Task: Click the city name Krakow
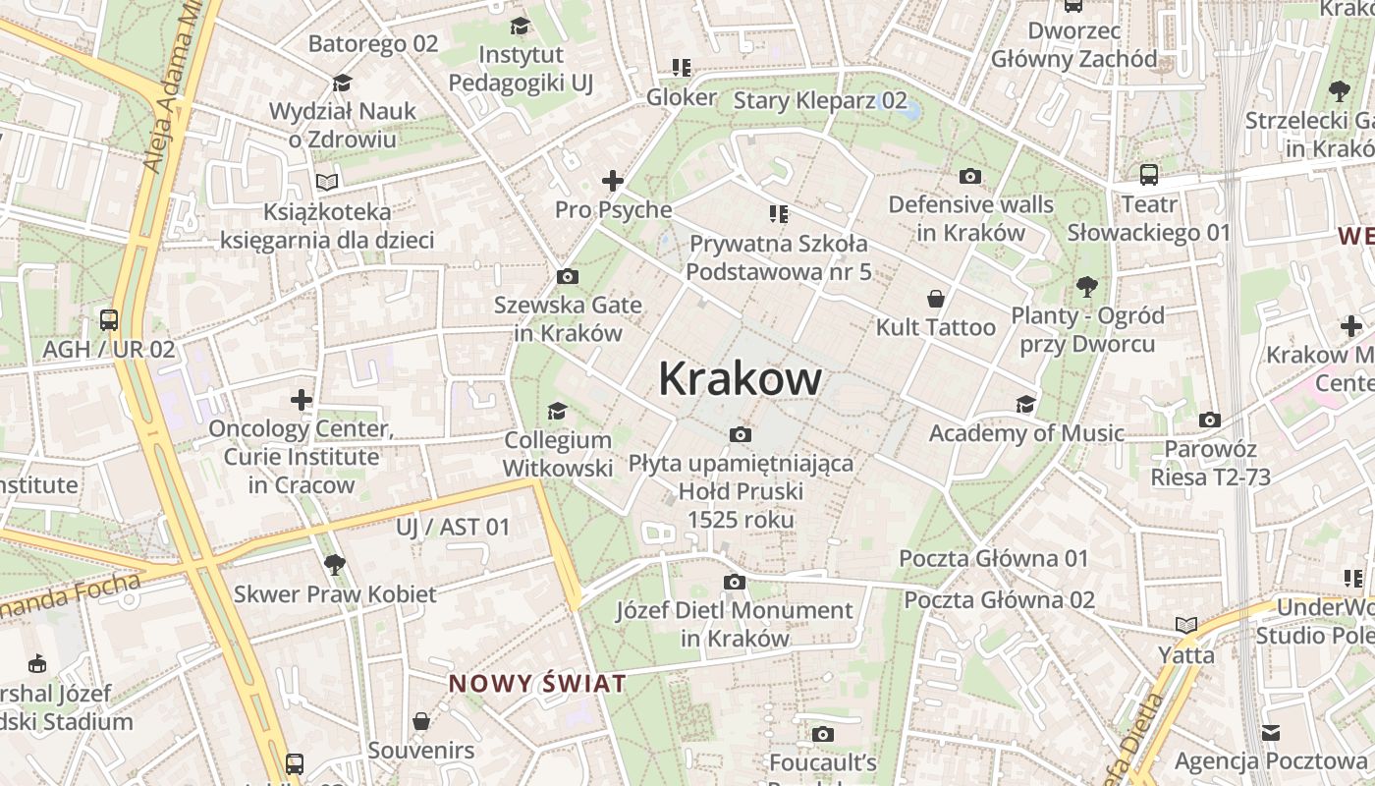coord(740,378)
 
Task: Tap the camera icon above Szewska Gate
coord(567,277)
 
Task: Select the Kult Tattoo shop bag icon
coord(936,298)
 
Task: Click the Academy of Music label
coord(1026,433)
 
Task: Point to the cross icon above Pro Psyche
coord(613,181)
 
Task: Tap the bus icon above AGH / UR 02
coord(109,319)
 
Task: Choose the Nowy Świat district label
coord(537,684)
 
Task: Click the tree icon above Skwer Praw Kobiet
coord(334,564)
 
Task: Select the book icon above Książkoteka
coord(327,182)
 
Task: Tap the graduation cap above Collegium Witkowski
coord(558,411)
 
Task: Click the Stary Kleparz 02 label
coord(820,100)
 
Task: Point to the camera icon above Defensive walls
coord(970,176)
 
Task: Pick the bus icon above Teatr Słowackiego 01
coord(1148,175)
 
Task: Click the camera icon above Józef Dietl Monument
coord(735,582)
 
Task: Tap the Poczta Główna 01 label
coord(994,558)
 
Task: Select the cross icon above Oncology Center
coord(302,400)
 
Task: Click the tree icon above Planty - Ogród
coord(1086,287)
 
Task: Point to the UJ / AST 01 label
coord(453,527)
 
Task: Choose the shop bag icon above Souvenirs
coord(421,721)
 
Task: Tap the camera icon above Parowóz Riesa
coord(1210,420)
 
